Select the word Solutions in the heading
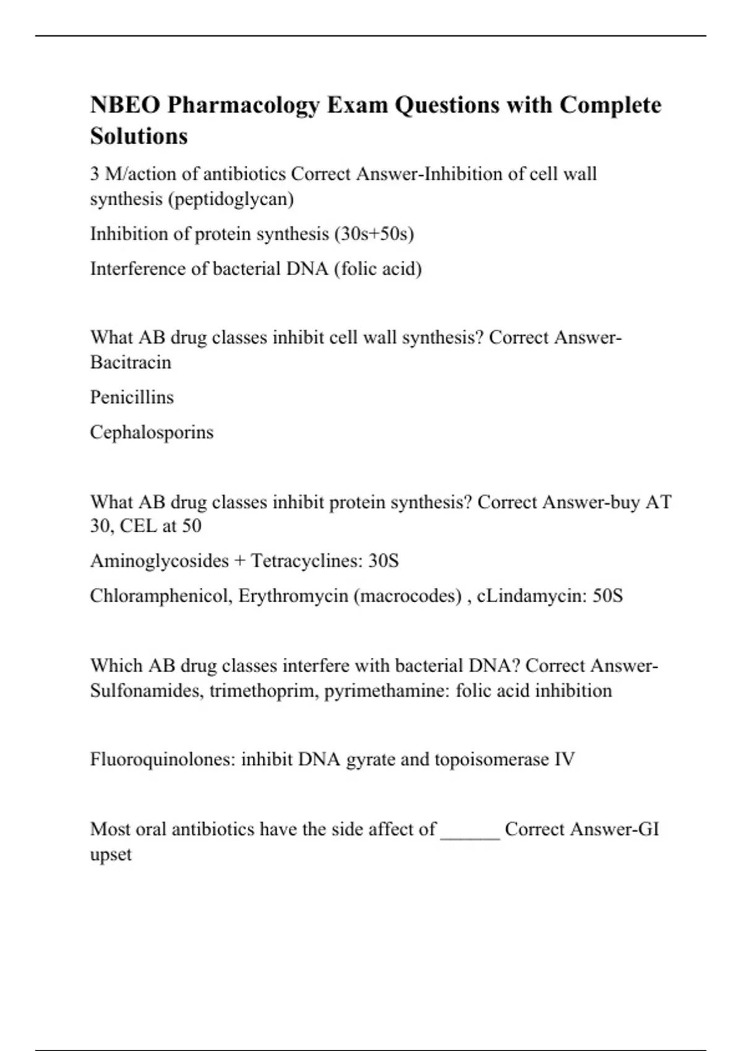[x=139, y=136]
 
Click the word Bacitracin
[x=130, y=362]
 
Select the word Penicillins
[x=132, y=397]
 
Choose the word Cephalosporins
[x=151, y=432]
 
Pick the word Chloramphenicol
[x=158, y=595]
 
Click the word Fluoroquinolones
[x=162, y=759]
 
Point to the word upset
[x=111, y=854]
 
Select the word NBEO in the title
[x=124, y=106]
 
